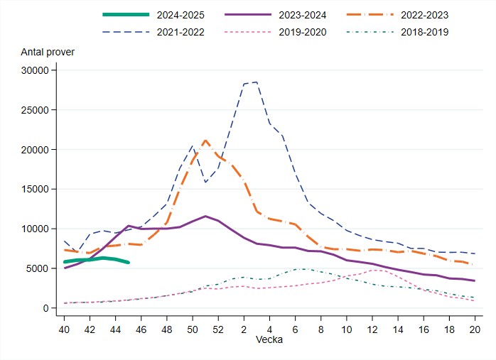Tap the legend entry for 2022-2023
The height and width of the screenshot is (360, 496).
pos(424,14)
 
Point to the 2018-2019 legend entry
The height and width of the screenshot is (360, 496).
pos(424,32)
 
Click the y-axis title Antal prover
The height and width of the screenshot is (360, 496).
pos(48,52)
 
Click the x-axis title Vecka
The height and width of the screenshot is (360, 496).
pos(269,340)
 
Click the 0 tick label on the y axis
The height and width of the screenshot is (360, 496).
pos(43,308)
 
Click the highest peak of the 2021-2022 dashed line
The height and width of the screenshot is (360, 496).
pos(257,82)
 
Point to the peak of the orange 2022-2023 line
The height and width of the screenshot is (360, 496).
pos(205,141)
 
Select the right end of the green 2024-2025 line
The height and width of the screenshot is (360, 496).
pos(129,263)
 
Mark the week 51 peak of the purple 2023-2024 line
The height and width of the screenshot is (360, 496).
pos(205,216)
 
